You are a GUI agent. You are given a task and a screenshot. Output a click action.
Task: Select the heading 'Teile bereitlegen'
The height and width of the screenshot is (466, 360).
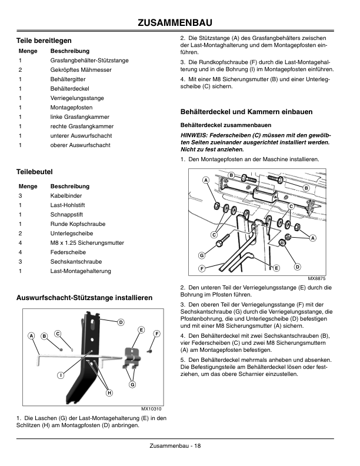pyautogui.click(x=44, y=41)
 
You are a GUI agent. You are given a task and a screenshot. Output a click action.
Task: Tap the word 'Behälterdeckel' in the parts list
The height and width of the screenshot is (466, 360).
pyautogui.click(x=69, y=88)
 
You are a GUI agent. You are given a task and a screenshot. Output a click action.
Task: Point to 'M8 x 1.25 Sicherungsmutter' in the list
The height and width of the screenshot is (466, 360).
pyautogui.click(x=87, y=242)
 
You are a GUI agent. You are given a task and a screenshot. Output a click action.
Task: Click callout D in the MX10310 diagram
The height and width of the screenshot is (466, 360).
pyautogui.click(x=121, y=322)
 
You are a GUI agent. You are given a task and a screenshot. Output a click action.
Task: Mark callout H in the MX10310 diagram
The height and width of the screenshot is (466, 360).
pyautogui.click(x=109, y=392)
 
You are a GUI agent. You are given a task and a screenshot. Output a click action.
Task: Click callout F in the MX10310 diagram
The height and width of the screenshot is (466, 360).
pyautogui.click(x=156, y=334)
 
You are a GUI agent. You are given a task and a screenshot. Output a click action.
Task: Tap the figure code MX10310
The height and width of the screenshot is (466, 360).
pyautogui.click(x=151, y=409)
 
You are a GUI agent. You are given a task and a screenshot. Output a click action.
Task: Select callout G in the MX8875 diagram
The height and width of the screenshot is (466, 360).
pyautogui.click(x=201, y=255)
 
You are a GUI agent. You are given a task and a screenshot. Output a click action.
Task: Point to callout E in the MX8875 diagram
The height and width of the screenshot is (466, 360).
pyautogui.click(x=276, y=268)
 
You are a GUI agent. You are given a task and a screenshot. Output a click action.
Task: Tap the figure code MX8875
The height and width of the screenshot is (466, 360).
pyautogui.click(x=316, y=278)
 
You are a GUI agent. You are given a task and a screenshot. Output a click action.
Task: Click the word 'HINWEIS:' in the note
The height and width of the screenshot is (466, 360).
pyautogui.click(x=195, y=135)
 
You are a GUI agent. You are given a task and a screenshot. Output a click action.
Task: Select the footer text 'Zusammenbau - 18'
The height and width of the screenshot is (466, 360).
pyautogui.click(x=175, y=445)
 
